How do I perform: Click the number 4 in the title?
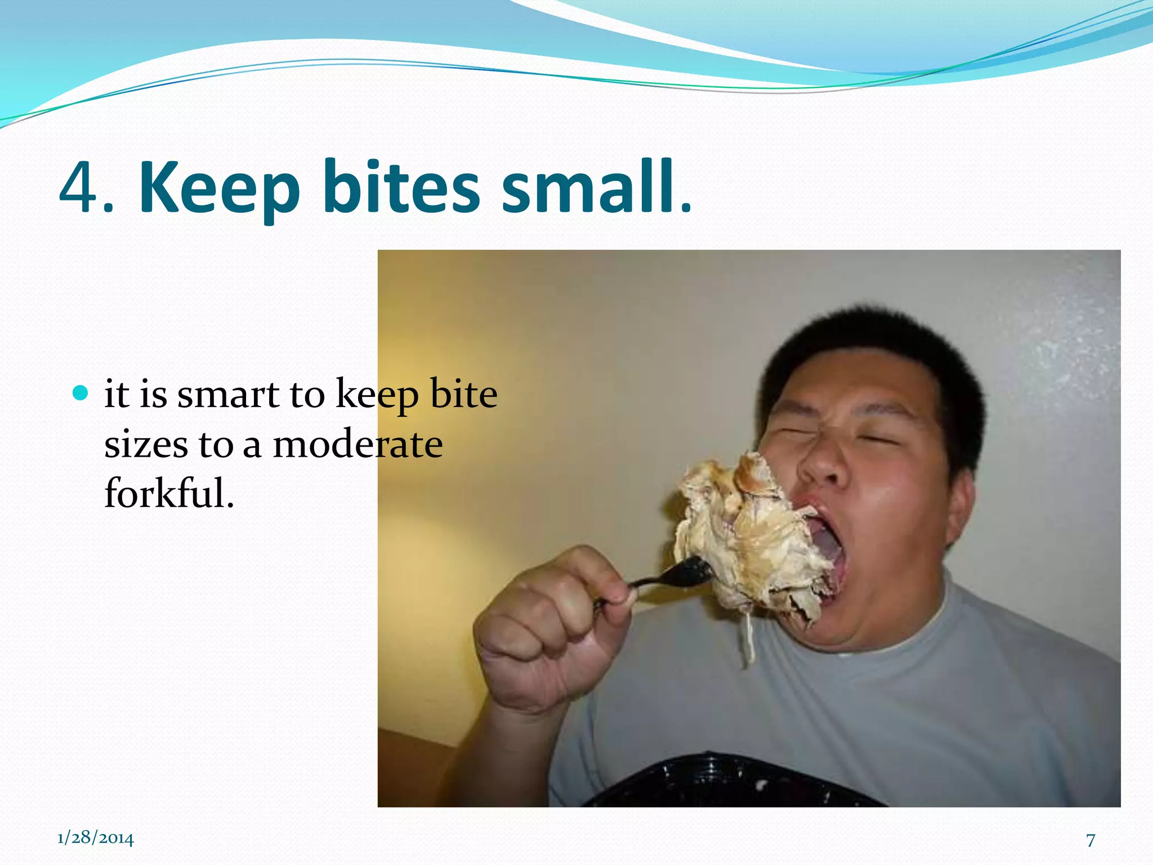pyautogui.click(x=80, y=188)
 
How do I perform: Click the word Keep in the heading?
pyautogui.click(x=220, y=189)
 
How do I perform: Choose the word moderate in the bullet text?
pyautogui.click(x=357, y=444)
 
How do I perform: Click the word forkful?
pyautogui.click(x=169, y=493)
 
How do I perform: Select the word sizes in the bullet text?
pyautogui.click(x=146, y=444)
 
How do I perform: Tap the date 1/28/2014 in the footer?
pyautogui.click(x=96, y=838)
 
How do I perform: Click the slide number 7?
pyautogui.click(x=1091, y=840)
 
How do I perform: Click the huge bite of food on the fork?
pyautogui.click(x=749, y=541)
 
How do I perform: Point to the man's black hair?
pyautogui.click(x=878, y=355)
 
